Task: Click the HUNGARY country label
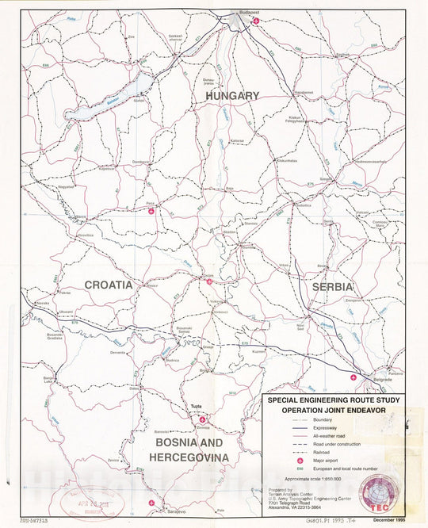pos(232,95)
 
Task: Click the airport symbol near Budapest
pos(255,21)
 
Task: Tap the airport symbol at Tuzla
pos(202,419)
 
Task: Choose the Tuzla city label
pos(195,407)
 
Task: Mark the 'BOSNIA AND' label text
pos(191,442)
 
